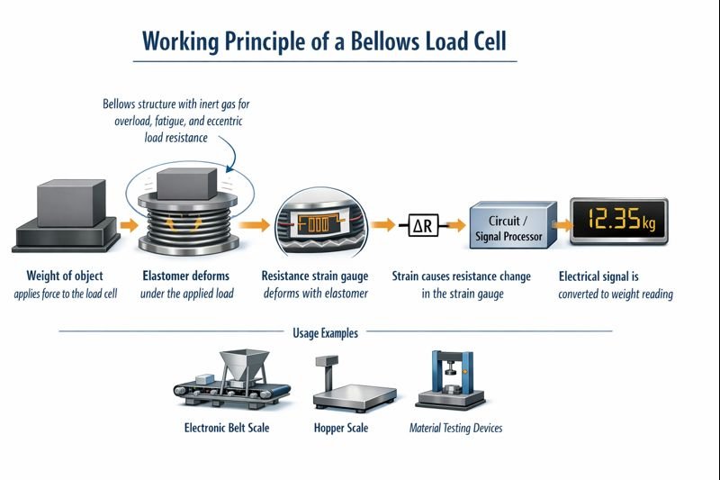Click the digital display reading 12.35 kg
point(620,220)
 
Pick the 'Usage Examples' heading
point(325,332)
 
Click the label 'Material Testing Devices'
point(455,428)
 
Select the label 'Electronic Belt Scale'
point(226,428)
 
